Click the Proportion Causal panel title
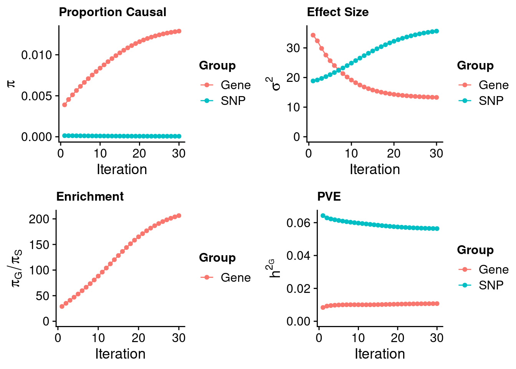point(112,12)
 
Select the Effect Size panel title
point(337,12)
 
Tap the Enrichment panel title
point(90,197)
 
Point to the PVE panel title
point(329,197)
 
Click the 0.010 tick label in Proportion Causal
point(36,55)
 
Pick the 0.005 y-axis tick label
point(36,96)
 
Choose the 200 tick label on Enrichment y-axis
point(39,219)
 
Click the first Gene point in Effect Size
point(313,35)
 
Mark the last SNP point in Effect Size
point(437,31)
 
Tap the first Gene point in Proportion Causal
point(64,105)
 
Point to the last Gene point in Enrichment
point(179,216)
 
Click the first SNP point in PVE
point(323,216)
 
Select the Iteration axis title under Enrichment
point(120,354)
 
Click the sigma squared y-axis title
point(275,84)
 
